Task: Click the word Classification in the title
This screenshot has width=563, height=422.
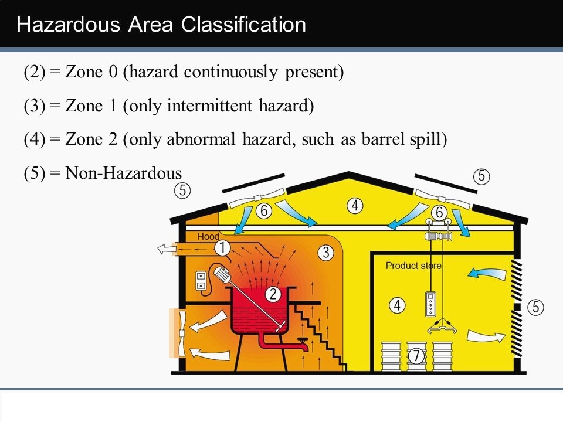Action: pyautogui.click(x=243, y=25)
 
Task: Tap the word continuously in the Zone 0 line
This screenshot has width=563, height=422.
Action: pyautogui.click(x=230, y=72)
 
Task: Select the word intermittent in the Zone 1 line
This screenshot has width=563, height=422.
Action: pyautogui.click(x=210, y=105)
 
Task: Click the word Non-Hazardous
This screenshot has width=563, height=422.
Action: pyautogui.click(x=124, y=173)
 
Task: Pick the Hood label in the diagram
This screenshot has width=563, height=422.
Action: pyautogui.click(x=208, y=236)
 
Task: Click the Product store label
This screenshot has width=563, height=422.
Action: pyautogui.click(x=413, y=266)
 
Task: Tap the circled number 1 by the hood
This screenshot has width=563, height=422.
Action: pyautogui.click(x=223, y=247)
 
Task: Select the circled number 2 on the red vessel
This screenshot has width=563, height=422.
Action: pyautogui.click(x=273, y=294)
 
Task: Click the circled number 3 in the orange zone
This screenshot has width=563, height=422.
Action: pyautogui.click(x=325, y=253)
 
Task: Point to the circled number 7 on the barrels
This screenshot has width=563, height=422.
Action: pyautogui.click(x=416, y=356)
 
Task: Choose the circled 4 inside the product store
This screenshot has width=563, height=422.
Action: pyautogui.click(x=397, y=305)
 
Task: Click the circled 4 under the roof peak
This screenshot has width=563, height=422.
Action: pyautogui.click(x=355, y=206)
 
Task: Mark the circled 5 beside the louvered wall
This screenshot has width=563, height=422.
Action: pyautogui.click(x=535, y=307)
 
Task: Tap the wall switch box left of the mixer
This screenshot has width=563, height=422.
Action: pyautogui.click(x=201, y=281)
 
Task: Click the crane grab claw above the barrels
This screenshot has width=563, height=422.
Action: pyautogui.click(x=442, y=326)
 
